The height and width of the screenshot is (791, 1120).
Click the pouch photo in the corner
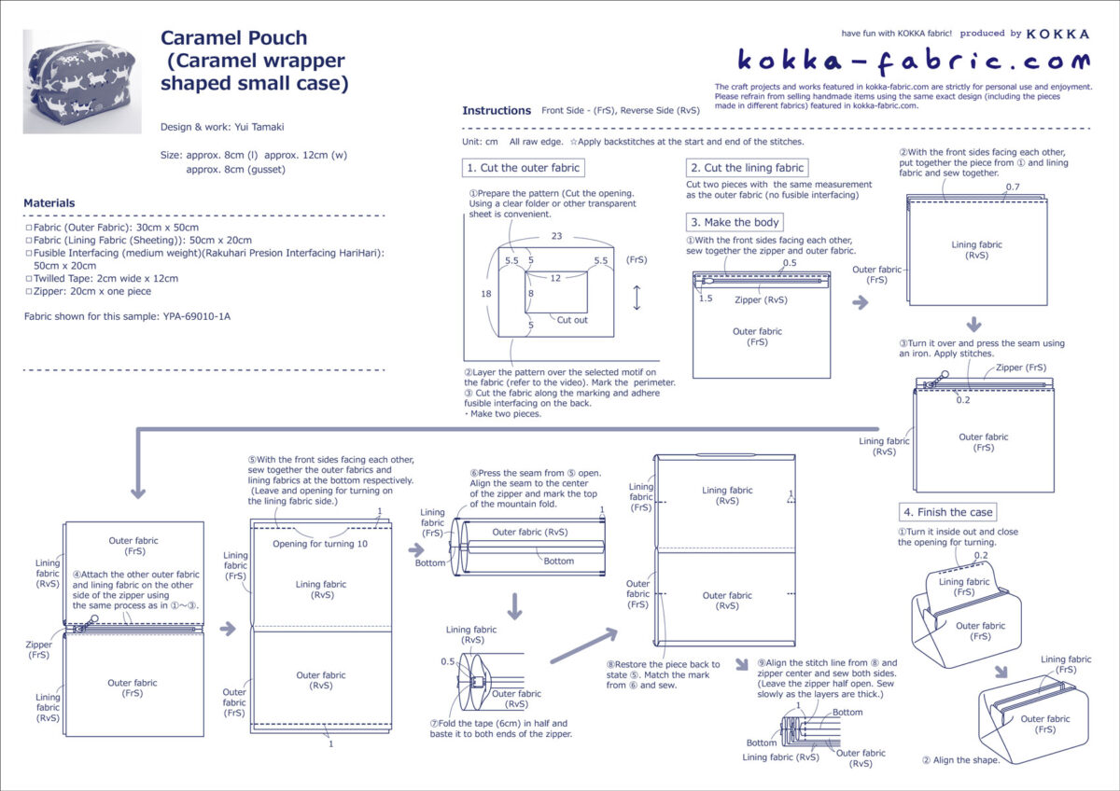click(x=68, y=81)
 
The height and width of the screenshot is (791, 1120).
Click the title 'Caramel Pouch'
click(x=233, y=38)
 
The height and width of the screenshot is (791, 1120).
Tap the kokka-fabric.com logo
click(x=913, y=62)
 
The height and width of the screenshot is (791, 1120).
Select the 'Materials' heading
click(x=49, y=202)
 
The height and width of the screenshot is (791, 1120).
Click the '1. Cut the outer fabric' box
click(x=524, y=168)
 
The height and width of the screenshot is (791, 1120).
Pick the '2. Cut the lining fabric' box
click(x=746, y=168)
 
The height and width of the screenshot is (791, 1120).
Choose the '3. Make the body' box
click(x=735, y=222)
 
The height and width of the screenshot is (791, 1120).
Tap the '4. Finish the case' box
click(x=948, y=512)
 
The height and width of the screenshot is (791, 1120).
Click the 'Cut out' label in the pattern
click(x=572, y=320)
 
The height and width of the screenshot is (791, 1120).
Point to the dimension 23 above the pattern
click(x=556, y=236)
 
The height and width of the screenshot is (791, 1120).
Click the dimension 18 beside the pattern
click(x=486, y=294)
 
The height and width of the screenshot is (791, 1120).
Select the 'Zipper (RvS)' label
click(x=762, y=299)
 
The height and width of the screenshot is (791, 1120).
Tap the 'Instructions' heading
click(x=497, y=111)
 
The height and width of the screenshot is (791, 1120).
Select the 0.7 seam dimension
click(x=1013, y=188)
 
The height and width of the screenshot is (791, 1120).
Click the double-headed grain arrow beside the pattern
click(x=637, y=298)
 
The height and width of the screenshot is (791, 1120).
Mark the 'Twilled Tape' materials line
click(x=104, y=278)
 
